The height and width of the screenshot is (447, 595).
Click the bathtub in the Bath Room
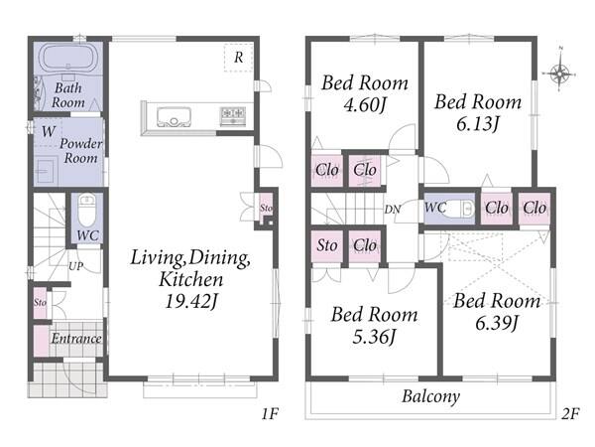click(68, 59)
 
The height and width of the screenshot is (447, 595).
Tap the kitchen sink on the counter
click(174, 117)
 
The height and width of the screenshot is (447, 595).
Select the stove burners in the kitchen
click(233, 116)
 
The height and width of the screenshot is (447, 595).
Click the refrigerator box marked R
click(238, 58)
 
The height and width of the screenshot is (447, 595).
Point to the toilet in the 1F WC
click(87, 211)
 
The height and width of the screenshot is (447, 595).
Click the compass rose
click(559, 72)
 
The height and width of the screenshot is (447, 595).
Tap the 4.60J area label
click(364, 104)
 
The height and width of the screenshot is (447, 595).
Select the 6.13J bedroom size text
click(477, 123)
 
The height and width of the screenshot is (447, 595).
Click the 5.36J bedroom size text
click(374, 337)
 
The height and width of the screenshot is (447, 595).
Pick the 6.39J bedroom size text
click(497, 323)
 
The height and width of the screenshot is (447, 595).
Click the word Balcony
click(430, 396)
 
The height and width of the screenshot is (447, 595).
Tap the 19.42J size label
click(191, 301)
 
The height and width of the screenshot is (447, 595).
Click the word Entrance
click(76, 339)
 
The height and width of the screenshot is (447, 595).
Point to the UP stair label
click(76, 266)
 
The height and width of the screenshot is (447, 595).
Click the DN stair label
click(393, 210)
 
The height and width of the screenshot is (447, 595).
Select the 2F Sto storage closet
click(327, 245)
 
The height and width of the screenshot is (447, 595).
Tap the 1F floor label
click(270, 413)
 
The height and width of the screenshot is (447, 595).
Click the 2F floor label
click(570, 413)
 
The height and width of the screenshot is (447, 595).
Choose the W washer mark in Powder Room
click(49, 131)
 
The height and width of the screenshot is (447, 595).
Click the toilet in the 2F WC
click(461, 209)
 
